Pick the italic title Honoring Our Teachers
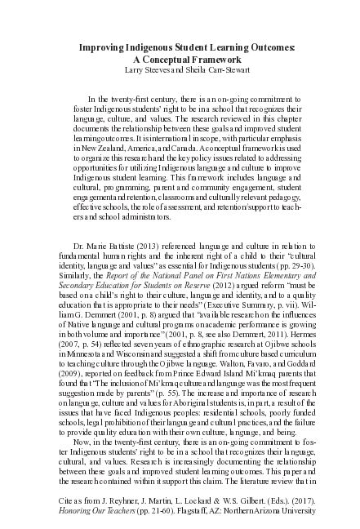click(x=95, y=510)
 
